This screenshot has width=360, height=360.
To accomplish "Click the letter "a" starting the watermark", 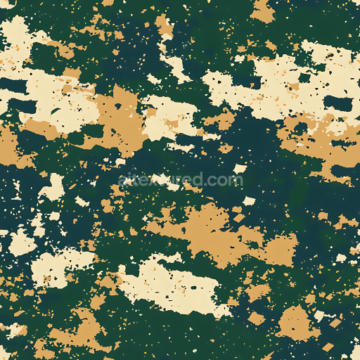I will point(123,181).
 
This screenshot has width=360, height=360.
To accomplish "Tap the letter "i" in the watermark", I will point(130,179).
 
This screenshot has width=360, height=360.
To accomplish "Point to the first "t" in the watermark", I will point(136,180).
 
